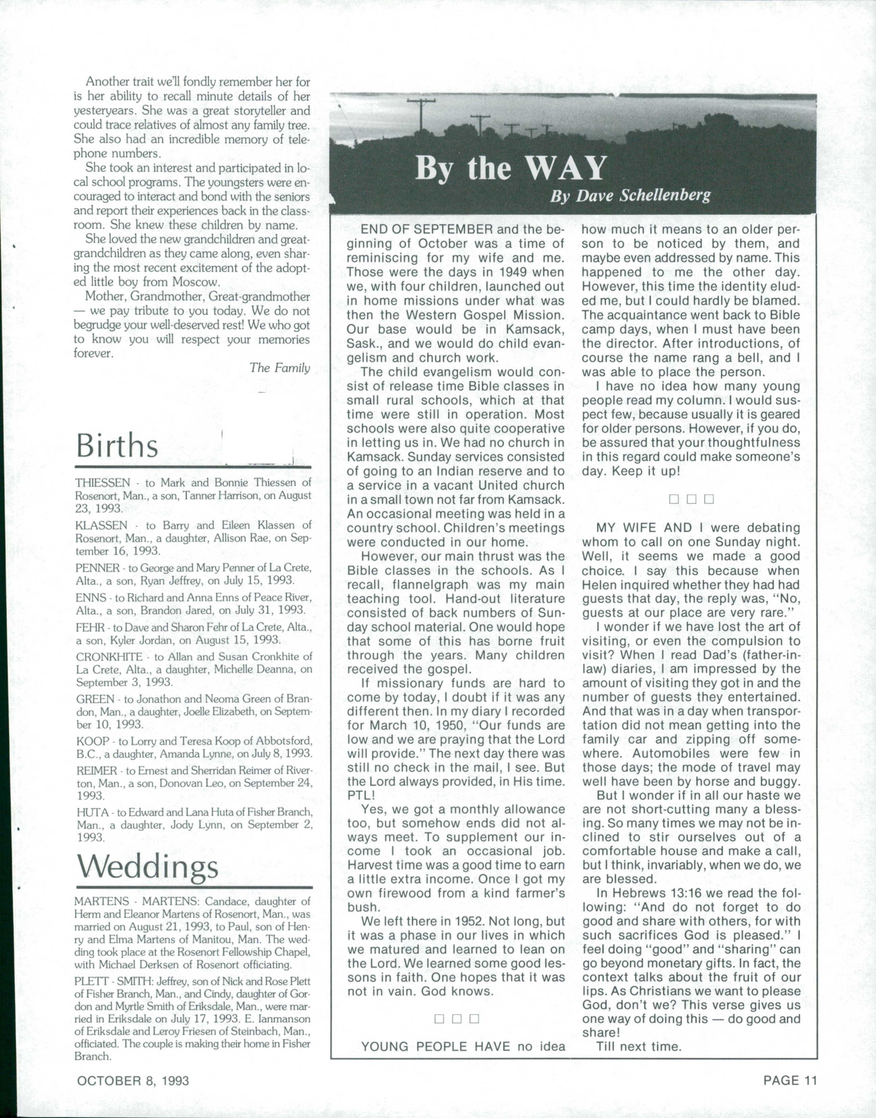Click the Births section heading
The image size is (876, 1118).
117,446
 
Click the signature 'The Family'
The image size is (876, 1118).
280,368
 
